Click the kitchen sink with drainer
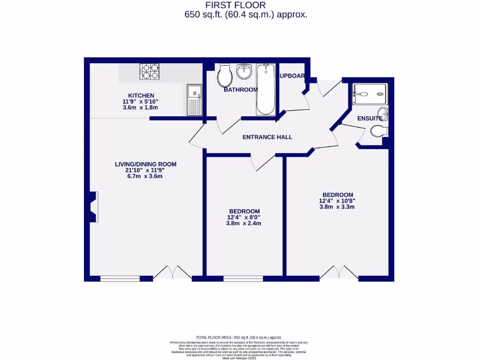tap(194, 100)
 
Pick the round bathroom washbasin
tap(244, 72)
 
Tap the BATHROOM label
tap(240, 90)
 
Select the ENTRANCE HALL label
tap(267, 137)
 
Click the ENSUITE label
tap(370, 119)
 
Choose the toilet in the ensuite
tap(379, 131)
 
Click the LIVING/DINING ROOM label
tap(146, 164)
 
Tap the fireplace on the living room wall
tap(94, 206)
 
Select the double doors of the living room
tap(172, 273)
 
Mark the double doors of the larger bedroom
tap(338, 273)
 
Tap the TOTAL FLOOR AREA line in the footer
tap(239, 337)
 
